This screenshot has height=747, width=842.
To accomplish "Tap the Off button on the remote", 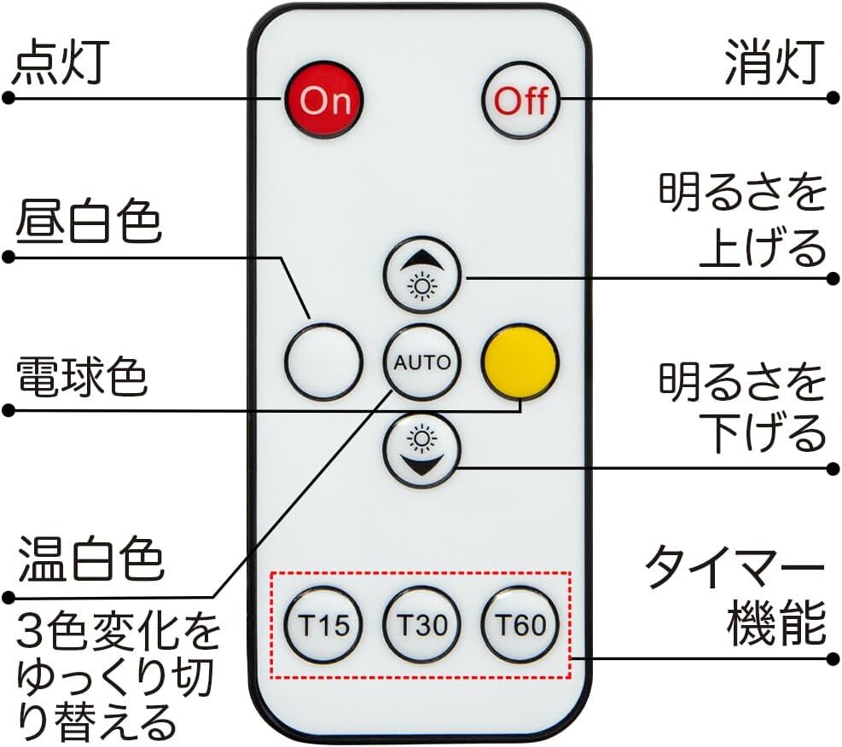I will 520,101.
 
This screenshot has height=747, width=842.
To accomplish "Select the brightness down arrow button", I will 421,449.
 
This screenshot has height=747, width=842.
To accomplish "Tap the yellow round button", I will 520,362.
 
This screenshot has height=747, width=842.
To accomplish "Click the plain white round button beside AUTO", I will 323,362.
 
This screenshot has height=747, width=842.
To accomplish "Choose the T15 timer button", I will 323,626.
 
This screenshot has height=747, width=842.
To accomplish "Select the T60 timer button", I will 520,626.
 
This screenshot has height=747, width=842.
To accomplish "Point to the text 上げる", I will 763,248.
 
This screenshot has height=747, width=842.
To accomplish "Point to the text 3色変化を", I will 119,632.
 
